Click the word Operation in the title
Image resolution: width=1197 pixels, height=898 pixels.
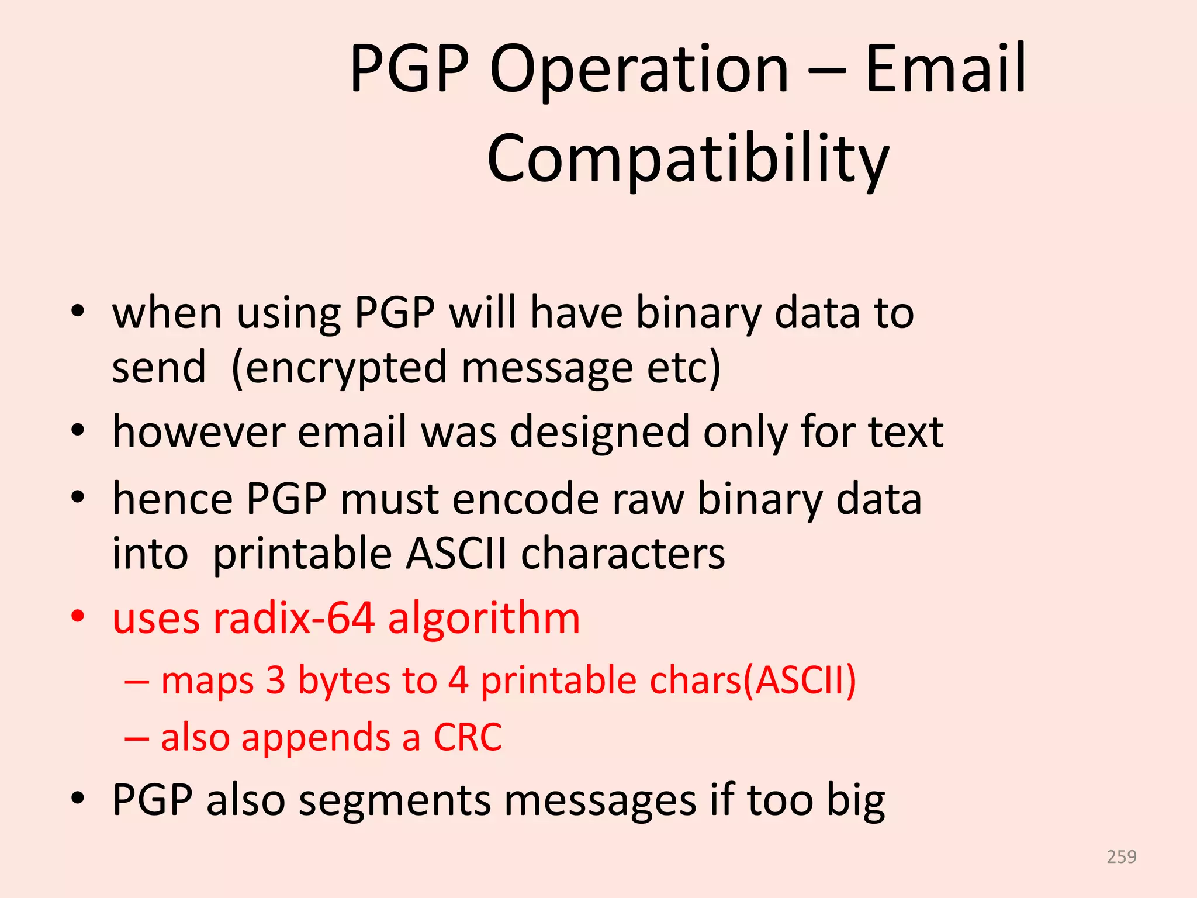tap(639, 70)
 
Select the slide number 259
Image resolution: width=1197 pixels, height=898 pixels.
tap(1121, 857)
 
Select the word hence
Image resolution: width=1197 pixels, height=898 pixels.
tap(172, 500)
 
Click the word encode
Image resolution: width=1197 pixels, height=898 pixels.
tap(525, 500)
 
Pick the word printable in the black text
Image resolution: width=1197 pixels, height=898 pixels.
tap(302, 554)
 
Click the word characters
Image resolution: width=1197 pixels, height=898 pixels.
tap(622, 554)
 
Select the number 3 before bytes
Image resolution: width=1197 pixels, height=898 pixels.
tap(275, 681)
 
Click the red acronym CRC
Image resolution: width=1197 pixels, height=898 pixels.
tap(467, 738)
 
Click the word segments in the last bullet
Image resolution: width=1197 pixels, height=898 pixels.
tap(395, 801)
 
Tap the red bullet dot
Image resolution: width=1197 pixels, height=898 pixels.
tap(78, 616)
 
